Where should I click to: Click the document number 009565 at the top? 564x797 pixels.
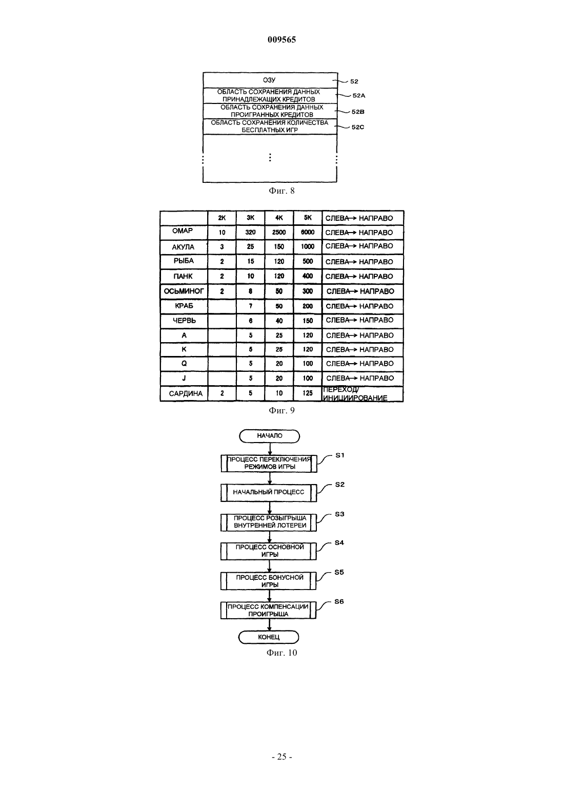[281, 39]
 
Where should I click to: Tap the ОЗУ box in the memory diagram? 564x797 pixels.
[270, 80]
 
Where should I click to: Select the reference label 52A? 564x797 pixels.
[359, 95]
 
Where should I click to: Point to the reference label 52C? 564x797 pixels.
[358, 127]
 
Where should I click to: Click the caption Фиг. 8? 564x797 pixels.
[281, 191]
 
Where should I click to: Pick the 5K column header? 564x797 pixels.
[308, 218]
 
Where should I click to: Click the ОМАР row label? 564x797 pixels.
[184, 232]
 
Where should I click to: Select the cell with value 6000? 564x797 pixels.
[308, 233]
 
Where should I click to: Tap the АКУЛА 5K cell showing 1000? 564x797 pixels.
[308, 246]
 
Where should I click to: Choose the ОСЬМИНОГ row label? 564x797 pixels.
[184, 291]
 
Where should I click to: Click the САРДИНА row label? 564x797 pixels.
[186, 393]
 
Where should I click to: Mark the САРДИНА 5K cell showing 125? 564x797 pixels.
[308, 393]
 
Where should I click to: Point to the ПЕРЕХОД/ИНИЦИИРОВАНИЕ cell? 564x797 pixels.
[362, 394]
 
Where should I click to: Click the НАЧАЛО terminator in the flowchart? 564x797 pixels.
[270, 436]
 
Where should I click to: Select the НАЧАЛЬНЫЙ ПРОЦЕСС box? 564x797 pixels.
[269, 492]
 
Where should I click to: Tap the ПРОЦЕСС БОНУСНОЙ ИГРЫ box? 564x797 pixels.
[269, 581]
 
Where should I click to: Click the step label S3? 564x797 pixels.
[339, 514]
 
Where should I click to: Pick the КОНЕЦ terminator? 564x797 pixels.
[269, 637]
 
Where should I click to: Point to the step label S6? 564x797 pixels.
[339, 602]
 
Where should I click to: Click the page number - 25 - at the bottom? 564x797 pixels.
[281, 757]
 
